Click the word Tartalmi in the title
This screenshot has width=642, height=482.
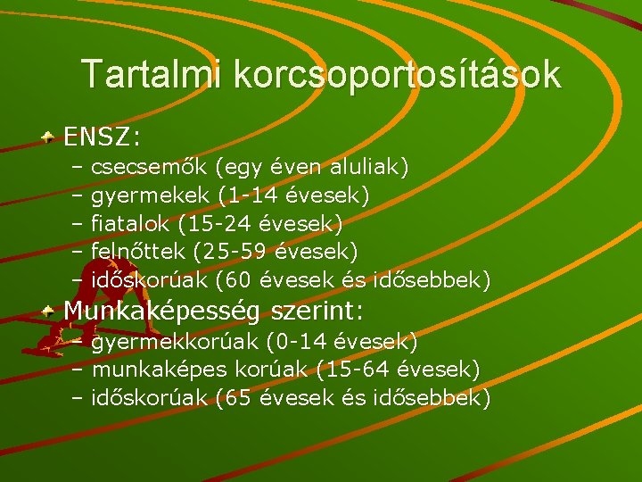point(152,74)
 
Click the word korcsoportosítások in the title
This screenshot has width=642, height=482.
point(397,76)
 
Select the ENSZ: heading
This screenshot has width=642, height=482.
point(103,137)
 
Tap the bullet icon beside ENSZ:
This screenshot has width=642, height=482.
point(50,138)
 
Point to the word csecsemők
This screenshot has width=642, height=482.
point(150,167)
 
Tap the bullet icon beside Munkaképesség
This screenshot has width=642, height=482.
point(50,311)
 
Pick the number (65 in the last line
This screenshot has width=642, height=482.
point(234,398)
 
